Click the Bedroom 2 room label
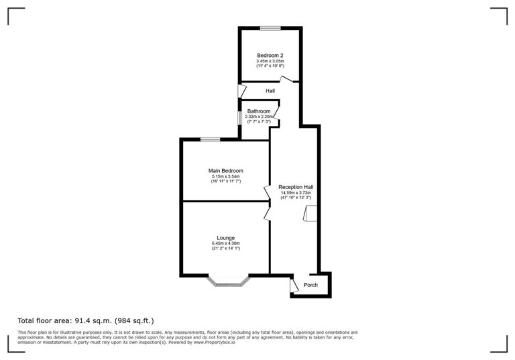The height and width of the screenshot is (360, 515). coord(270,55)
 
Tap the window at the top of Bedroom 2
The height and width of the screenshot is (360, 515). coord(270,28)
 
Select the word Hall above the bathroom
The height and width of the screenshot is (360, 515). coord(270,91)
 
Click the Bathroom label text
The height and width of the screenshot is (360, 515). coord(258,111)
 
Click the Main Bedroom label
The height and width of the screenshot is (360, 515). coord(225,171)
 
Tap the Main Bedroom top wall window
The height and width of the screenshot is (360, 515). coord(210,139)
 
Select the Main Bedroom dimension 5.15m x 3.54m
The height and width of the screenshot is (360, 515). coord(225,176)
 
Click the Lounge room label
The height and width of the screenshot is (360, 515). coord(225,238)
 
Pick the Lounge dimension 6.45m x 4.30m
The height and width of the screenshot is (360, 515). coord(225,243)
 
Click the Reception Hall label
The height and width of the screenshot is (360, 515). coord(296,187)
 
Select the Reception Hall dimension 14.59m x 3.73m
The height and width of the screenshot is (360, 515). coord(296,192)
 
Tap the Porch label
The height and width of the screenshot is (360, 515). coord(311,285)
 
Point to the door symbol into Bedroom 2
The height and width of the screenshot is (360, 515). coord(287,80)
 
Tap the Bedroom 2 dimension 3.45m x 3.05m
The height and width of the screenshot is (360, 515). coord(270,61)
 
